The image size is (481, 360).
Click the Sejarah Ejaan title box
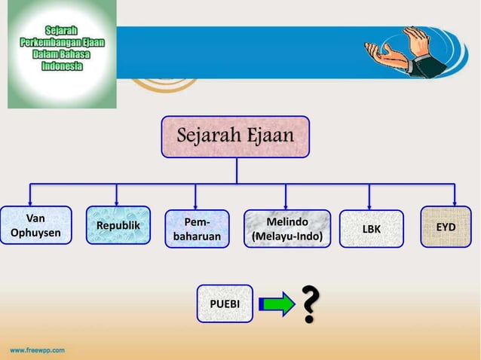tap(234, 136)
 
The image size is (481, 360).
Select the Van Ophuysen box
tap(36, 226)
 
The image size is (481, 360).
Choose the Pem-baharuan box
tap(197, 229)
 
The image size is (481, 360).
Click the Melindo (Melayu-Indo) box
tap(286, 229)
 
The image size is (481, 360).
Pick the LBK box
tap(371, 228)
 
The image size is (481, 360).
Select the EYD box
tap(446, 226)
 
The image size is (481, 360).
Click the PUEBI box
tap(224, 304)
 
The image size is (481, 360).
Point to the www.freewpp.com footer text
tap(37, 350)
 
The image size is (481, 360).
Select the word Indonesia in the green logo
tap(62, 66)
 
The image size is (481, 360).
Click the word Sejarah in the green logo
tap(62, 30)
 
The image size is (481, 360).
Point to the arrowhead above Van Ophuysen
tap(30, 201)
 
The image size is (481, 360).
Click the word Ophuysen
tap(35, 233)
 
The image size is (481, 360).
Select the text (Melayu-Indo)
tap(286, 237)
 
